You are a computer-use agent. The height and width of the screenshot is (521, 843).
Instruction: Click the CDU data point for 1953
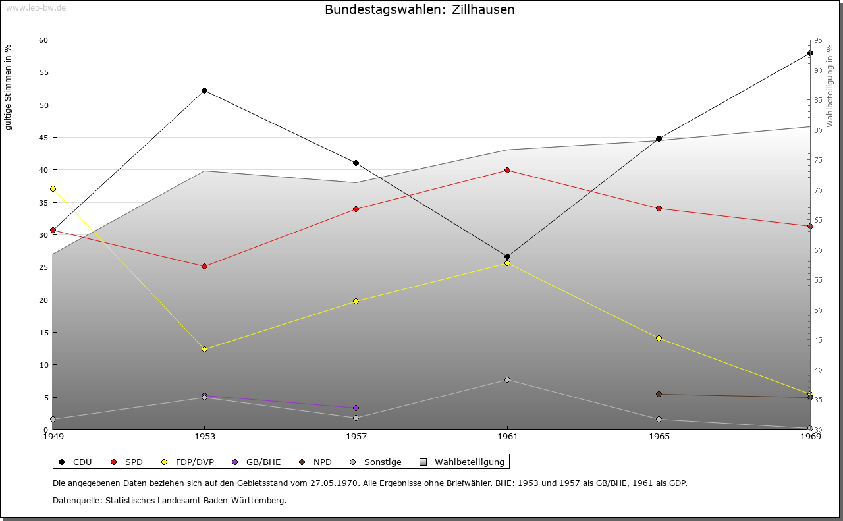pos(204,91)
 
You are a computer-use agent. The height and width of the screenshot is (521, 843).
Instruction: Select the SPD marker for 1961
pos(507,170)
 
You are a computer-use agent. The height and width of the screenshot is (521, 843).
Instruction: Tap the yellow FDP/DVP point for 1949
pos(53,188)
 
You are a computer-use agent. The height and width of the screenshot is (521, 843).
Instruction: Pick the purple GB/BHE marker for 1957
pos(356,408)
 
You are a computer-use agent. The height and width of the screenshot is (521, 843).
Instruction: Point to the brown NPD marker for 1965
pos(659,394)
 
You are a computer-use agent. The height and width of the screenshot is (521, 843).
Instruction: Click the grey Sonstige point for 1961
pos(507,380)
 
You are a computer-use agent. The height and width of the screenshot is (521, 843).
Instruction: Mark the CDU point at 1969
pos(810,53)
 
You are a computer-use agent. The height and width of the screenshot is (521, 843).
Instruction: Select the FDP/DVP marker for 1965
pos(659,339)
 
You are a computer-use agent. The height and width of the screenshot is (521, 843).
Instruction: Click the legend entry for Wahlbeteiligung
pos(462,462)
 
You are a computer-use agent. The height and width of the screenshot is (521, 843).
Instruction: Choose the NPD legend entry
pos(315,462)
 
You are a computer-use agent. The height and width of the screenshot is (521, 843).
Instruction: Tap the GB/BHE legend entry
pos(256,462)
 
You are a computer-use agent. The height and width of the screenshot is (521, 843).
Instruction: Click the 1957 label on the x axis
pos(356,437)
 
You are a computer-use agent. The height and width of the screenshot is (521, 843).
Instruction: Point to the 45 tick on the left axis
pos(43,138)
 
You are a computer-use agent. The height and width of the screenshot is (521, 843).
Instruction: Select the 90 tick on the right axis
pos(818,70)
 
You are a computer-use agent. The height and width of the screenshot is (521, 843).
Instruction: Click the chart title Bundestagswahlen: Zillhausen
pos(420,9)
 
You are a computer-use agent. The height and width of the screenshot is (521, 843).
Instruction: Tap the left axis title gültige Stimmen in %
pos(8,88)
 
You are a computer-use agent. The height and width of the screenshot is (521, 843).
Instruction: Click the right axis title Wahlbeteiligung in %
pos(829,86)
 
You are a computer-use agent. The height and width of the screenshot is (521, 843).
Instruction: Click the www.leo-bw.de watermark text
pos(36,7)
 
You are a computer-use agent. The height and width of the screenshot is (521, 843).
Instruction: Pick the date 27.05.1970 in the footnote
pos(334,483)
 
